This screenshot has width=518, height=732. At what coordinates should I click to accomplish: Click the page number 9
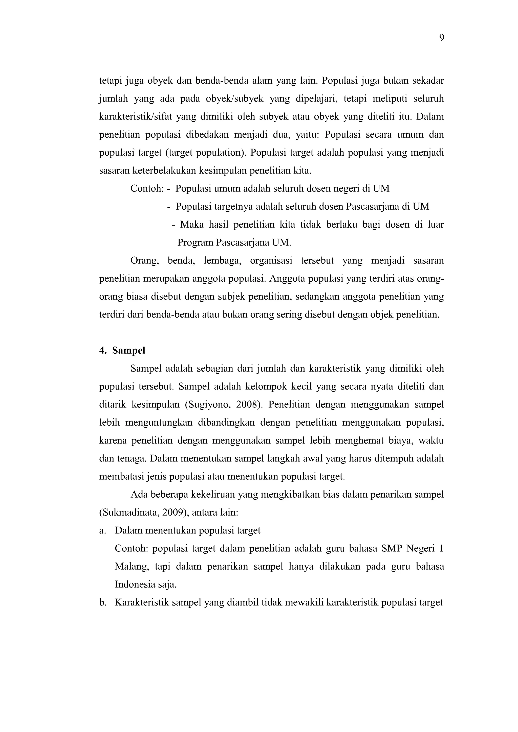pos(441,38)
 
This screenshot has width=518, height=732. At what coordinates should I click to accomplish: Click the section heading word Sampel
pos(129,350)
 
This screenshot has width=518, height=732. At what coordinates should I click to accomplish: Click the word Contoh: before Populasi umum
pos(147,188)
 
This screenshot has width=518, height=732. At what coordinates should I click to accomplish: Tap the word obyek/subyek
pos(234,99)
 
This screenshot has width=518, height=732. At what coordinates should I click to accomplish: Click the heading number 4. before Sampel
pos(102,350)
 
